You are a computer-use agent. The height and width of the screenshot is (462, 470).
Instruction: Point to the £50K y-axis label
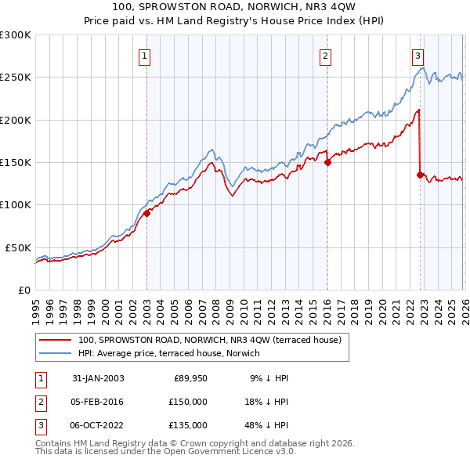pos(18,247)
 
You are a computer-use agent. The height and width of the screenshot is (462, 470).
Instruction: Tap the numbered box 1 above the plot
pos(146,56)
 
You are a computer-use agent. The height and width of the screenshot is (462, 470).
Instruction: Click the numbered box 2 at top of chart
pos(325,56)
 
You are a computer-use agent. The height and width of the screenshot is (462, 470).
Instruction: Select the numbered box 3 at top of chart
pos(418,56)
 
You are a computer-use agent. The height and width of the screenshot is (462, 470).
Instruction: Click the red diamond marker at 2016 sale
pos(327,163)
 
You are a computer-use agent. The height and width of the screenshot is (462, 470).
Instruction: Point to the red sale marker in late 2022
pos(421,175)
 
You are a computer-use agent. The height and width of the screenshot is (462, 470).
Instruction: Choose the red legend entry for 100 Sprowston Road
pos(209,341)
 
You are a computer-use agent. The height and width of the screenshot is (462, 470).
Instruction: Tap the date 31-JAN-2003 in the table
pos(98,378)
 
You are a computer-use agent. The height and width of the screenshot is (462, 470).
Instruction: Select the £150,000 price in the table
pos(188,402)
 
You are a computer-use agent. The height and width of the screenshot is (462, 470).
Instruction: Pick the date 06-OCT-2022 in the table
pos(97,425)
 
